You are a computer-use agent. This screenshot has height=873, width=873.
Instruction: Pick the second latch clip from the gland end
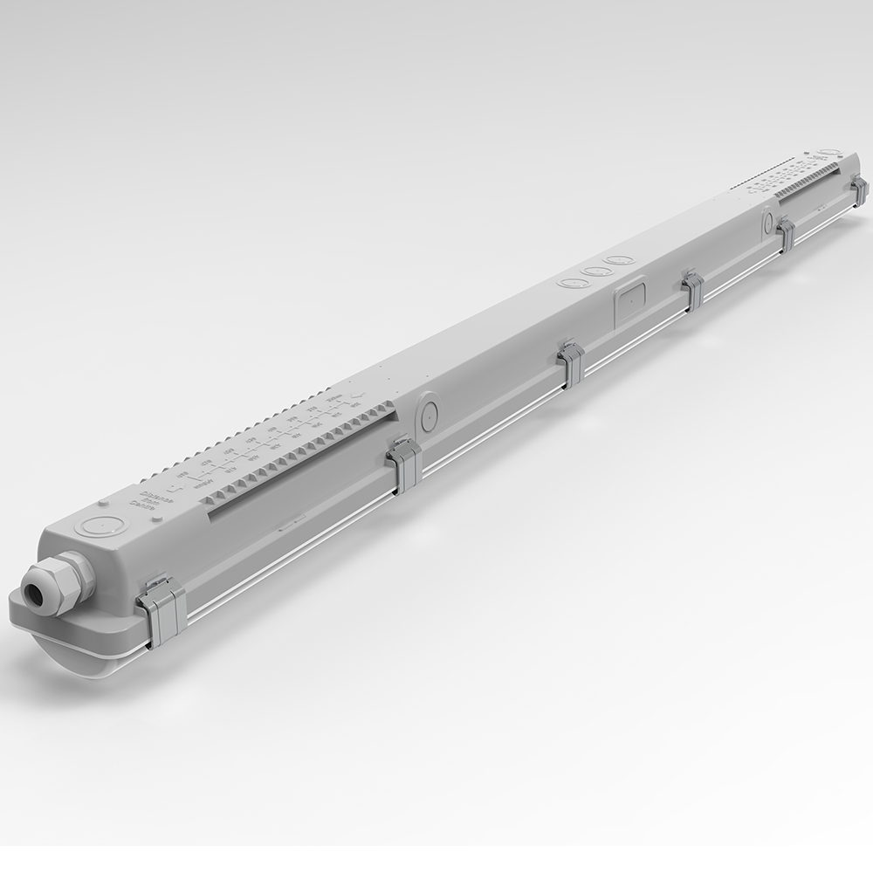tap(404, 462)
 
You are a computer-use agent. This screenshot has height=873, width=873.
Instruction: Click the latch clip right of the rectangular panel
tap(693, 290)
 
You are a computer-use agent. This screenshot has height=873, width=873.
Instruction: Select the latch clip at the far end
tap(859, 190)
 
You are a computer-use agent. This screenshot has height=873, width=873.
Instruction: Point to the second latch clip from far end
tap(786, 234)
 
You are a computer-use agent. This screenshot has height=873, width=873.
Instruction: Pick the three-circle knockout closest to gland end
tap(572, 284)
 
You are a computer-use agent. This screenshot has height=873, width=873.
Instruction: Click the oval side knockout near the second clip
tap(428, 413)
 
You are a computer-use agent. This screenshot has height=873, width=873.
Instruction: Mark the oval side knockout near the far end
tap(767, 219)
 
